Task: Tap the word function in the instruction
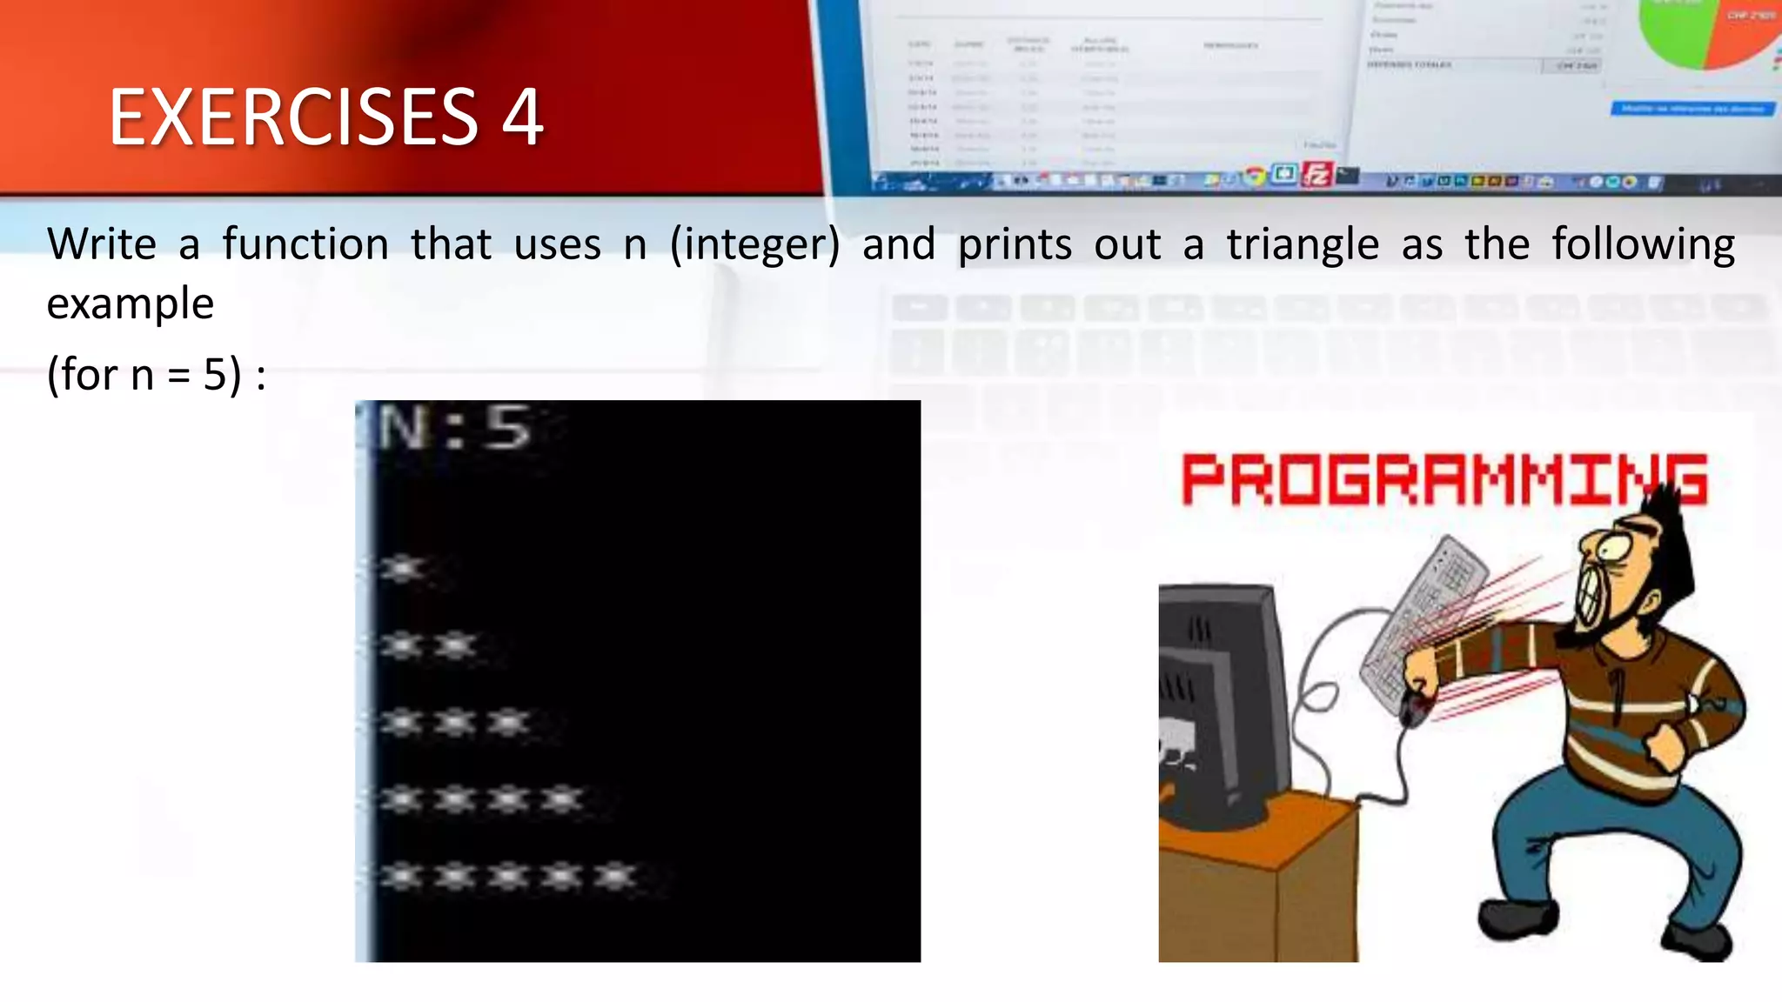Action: click(x=305, y=244)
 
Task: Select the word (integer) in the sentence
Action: click(x=755, y=245)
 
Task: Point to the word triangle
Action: click(x=1303, y=244)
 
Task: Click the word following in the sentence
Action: click(x=1643, y=244)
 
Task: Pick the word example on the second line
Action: click(x=131, y=304)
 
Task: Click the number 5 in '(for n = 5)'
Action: click(x=216, y=375)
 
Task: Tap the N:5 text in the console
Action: click(x=452, y=428)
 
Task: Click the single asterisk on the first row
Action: click(x=403, y=569)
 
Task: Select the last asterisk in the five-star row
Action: click(x=616, y=876)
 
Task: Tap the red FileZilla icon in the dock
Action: click(x=1316, y=175)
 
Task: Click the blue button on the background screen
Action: click(x=1692, y=109)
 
